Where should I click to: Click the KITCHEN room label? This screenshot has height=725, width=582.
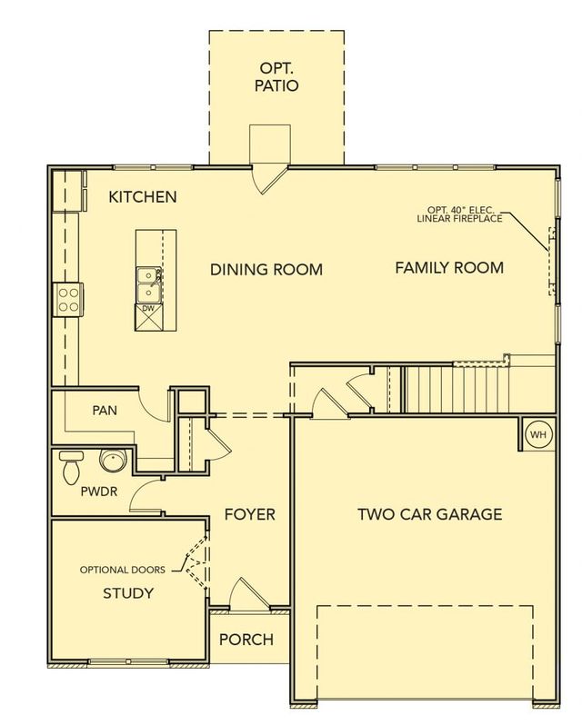point(143,197)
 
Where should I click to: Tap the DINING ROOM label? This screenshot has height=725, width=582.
point(266,270)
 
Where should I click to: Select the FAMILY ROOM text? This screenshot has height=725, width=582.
point(449,268)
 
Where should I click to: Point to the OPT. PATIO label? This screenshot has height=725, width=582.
point(276,77)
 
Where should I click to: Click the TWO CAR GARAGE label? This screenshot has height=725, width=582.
point(429,514)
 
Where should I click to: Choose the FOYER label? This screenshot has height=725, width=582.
point(249,515)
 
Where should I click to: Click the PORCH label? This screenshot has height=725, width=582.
point(246,640)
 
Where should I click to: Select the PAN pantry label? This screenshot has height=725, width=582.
point(105,411)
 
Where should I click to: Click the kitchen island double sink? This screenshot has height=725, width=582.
point(148,283)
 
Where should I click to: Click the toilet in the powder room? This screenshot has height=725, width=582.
point(69,469)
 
